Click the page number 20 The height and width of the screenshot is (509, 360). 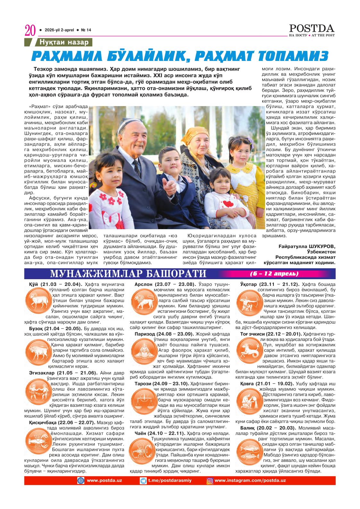tap(29, 31)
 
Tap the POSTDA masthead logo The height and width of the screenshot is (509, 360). tap(312, 28)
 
